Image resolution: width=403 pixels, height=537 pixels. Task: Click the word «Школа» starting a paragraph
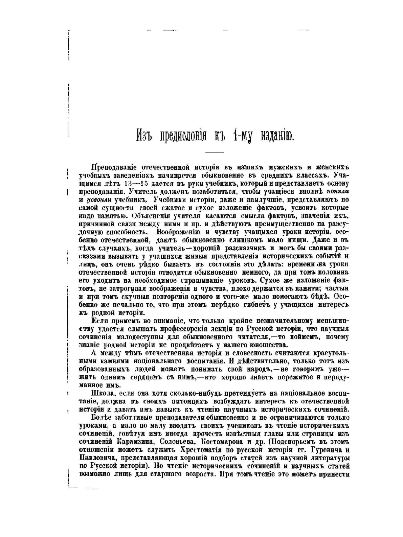[x=102, y=394]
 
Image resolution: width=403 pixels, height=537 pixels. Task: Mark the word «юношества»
[x=266, y=345]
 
